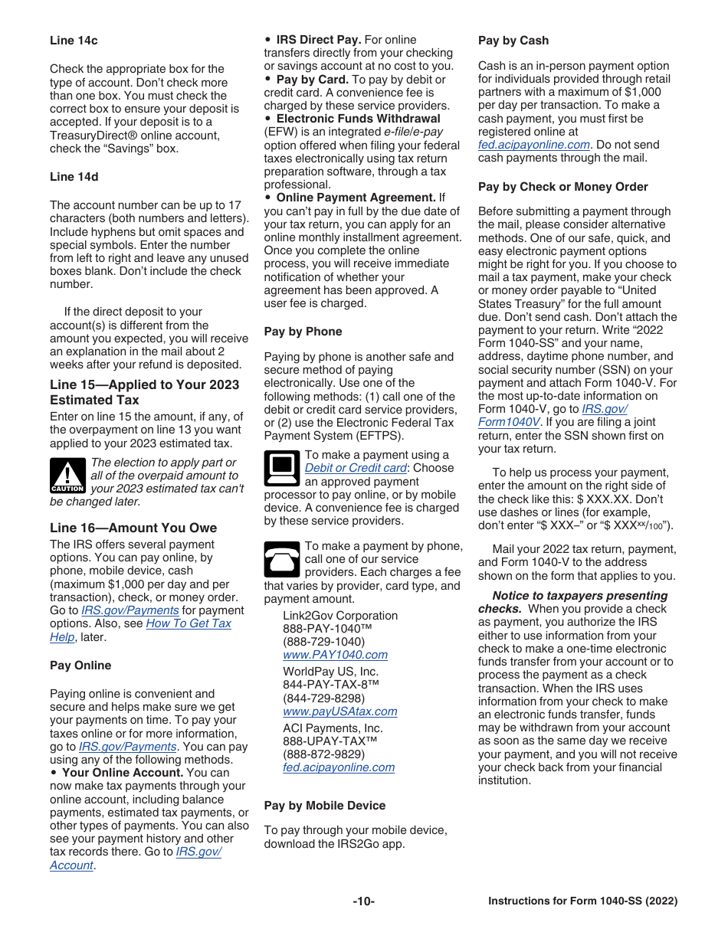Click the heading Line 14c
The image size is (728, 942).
(74, 41)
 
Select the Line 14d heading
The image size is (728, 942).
(74, 177)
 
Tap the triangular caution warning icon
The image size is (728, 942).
(67, 476)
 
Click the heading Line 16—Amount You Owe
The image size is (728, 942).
(133, 528)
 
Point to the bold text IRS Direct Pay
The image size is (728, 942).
(318, 40)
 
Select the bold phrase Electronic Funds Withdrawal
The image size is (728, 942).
(358, 119)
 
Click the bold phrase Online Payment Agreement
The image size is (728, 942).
(356, 198)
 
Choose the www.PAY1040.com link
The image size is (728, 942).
(335, 655)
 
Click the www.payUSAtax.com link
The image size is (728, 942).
(339, 711)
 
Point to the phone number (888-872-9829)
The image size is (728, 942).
(323, 754)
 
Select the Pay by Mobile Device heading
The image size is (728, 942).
(324, 806)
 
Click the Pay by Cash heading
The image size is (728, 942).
(513, 41)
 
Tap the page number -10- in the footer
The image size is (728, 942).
(363, 901)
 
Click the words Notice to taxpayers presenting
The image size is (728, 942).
(579, 596)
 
